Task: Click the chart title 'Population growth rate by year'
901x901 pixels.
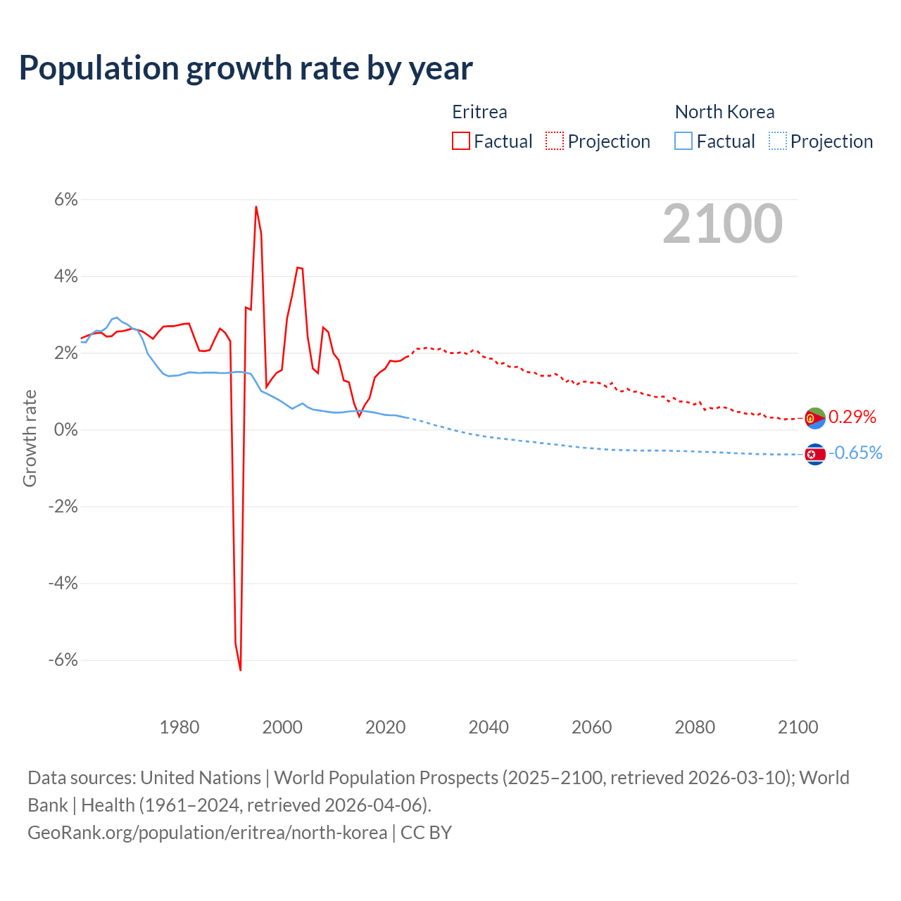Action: coord(246,68)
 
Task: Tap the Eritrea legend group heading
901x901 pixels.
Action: coord(479,112)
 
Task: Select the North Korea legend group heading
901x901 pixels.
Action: coord(724,112)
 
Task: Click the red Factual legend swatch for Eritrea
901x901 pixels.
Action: coord(461,141)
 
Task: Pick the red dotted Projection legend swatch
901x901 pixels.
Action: coord(555,141)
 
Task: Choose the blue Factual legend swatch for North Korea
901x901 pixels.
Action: coord(683,141)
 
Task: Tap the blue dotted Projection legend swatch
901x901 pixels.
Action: coord(777,141)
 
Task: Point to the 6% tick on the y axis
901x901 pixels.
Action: coord(65,200)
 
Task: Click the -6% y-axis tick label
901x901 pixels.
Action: coord(63,660)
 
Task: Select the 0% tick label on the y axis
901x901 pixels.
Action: coord(65,430)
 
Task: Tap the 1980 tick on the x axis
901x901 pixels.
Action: coord(179,727)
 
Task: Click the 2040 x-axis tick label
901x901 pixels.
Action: coord(489,727)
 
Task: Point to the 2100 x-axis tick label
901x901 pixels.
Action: coord(798,727)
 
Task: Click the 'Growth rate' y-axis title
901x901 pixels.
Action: coord(30,438)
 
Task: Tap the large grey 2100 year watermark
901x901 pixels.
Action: coord(722,224)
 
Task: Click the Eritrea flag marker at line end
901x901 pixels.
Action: coord(815,418)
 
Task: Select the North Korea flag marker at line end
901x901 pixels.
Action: coord(815,455)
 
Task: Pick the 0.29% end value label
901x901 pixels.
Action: coord(852,417)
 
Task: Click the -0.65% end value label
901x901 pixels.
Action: coord(855,453)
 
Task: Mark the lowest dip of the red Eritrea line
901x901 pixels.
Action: coord(240,669)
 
